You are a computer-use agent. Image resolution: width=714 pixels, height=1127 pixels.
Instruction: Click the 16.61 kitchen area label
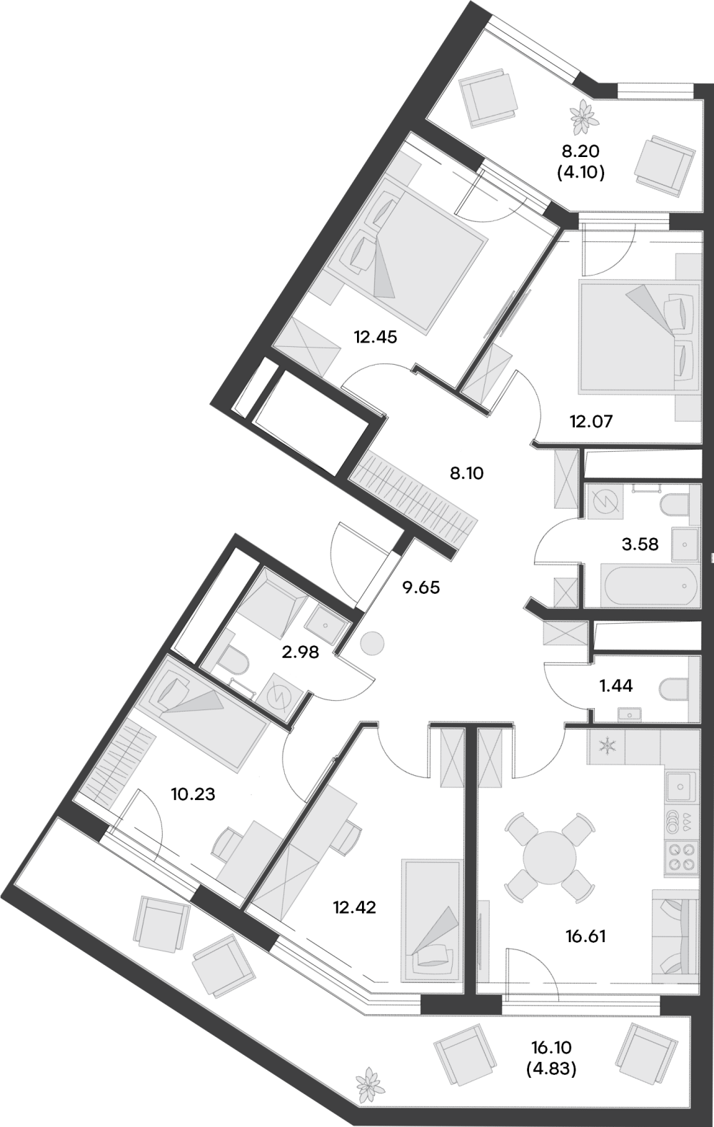[x=585, y=936]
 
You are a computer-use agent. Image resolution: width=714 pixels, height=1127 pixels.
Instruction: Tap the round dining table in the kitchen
[x=549, y=856]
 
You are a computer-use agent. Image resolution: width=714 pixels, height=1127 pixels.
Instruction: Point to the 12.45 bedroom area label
[x=375, y=336]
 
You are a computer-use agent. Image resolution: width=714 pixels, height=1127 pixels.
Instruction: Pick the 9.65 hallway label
[x=421, y=588]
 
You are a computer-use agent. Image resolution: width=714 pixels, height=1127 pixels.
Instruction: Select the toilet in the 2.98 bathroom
[x=233, y=661]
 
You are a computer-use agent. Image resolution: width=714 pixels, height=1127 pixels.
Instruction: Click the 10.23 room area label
[x=193, y=794]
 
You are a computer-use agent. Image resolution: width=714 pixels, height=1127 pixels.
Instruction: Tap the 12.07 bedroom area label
[x=590, y=421]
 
